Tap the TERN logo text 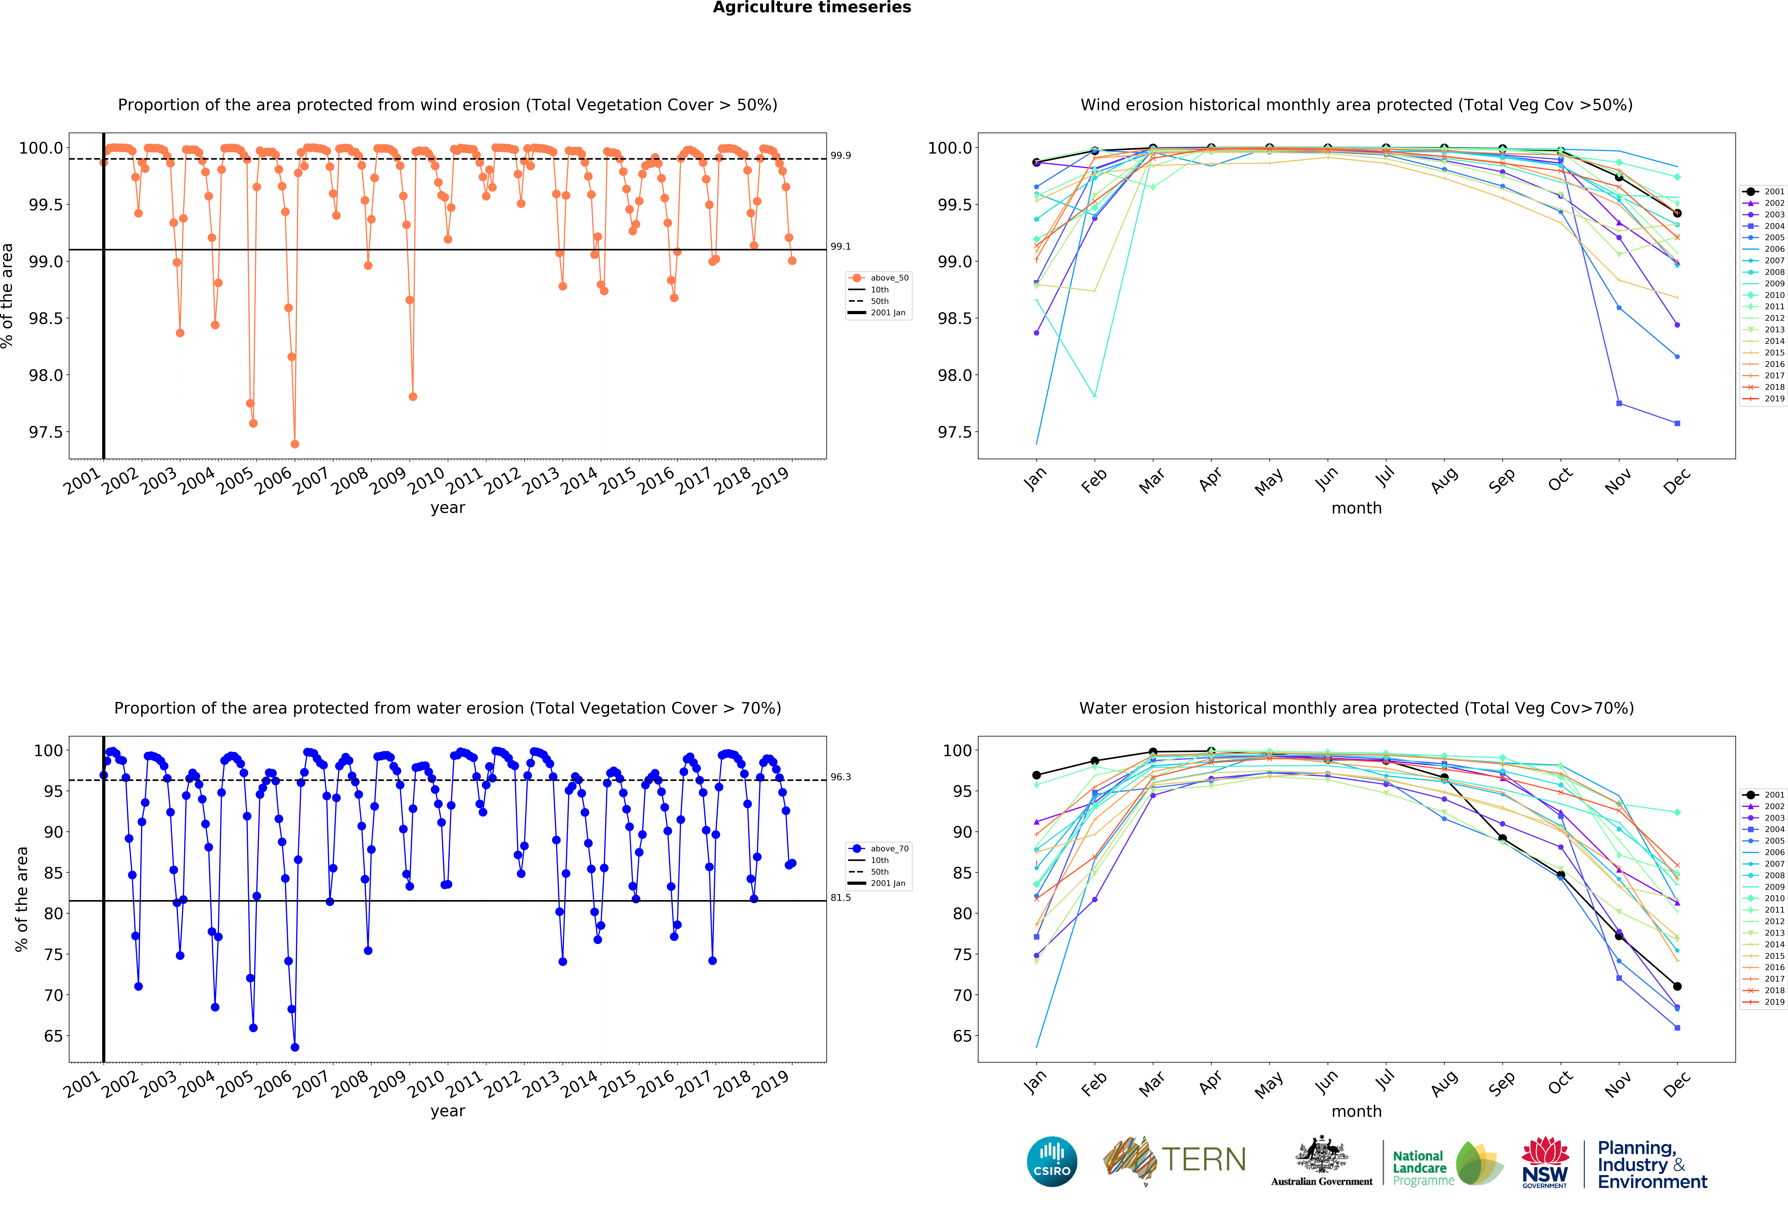1203,1160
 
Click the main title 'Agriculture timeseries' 812,8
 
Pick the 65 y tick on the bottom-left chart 53,1036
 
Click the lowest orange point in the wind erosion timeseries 295,444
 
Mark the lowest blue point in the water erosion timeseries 295,1047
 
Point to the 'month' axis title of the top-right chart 1356,508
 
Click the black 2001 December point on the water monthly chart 1677,986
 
